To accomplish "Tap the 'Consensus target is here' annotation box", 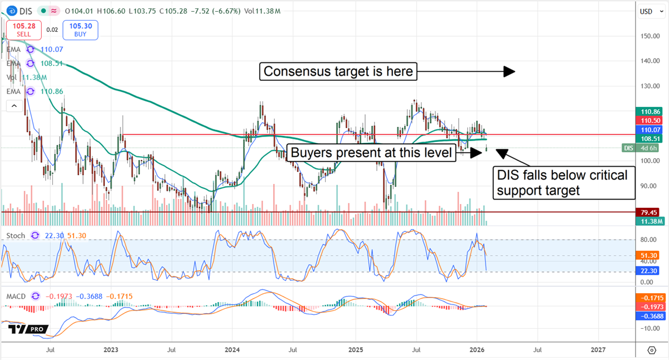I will point(338,71).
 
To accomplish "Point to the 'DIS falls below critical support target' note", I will point(564,183).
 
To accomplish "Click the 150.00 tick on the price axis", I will point(648,36).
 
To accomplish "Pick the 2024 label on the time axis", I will point(232,350).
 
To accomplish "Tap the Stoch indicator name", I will point(16,236).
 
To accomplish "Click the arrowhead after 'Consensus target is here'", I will point(508,71).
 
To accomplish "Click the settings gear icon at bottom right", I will point(652,350).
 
